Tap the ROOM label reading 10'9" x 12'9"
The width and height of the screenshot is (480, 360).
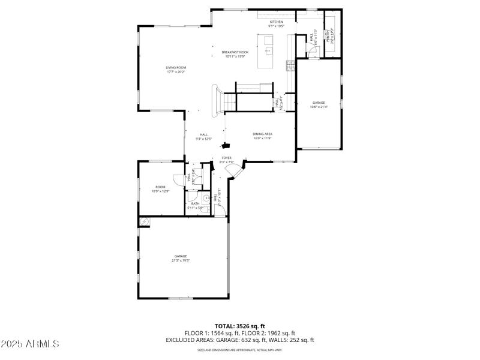160,189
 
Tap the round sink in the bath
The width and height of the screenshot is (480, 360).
205,197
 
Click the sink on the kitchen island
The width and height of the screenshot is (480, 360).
268,50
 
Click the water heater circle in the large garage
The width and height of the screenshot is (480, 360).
143,221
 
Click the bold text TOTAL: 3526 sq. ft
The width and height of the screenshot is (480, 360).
239,326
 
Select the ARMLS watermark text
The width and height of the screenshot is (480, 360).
30,344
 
